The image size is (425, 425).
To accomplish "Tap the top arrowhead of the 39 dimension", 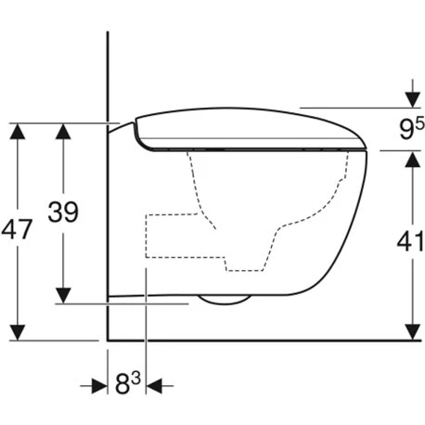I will click(x=62, y=132).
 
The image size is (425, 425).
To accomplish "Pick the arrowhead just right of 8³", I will click(x=155, y=384).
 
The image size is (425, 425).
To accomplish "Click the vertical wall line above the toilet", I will click(x=109, y=74).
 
